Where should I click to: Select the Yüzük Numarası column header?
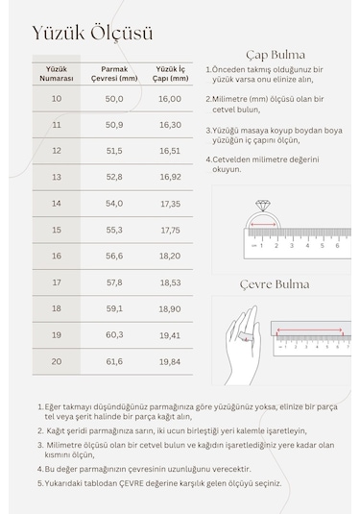tap(56, 74)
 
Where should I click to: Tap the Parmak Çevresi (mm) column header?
tap(114, 74)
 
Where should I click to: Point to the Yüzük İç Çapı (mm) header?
tap(169, 74)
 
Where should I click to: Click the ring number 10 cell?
tap(56, 99)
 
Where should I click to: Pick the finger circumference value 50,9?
tap(114, 125)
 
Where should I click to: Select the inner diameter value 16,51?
tap(170, 151)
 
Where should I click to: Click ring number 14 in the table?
tap(56, 204)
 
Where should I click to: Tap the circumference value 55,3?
tap(114, 230)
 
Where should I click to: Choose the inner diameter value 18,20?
tap(170, 257)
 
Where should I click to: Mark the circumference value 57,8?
tap(114, 282)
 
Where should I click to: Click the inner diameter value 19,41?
tap(170, 334)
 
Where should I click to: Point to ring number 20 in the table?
tap(56, 360)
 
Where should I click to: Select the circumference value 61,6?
tap(114, 360)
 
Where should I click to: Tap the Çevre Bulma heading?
tap(275, 284)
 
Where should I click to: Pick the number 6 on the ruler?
tap(337, 246)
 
